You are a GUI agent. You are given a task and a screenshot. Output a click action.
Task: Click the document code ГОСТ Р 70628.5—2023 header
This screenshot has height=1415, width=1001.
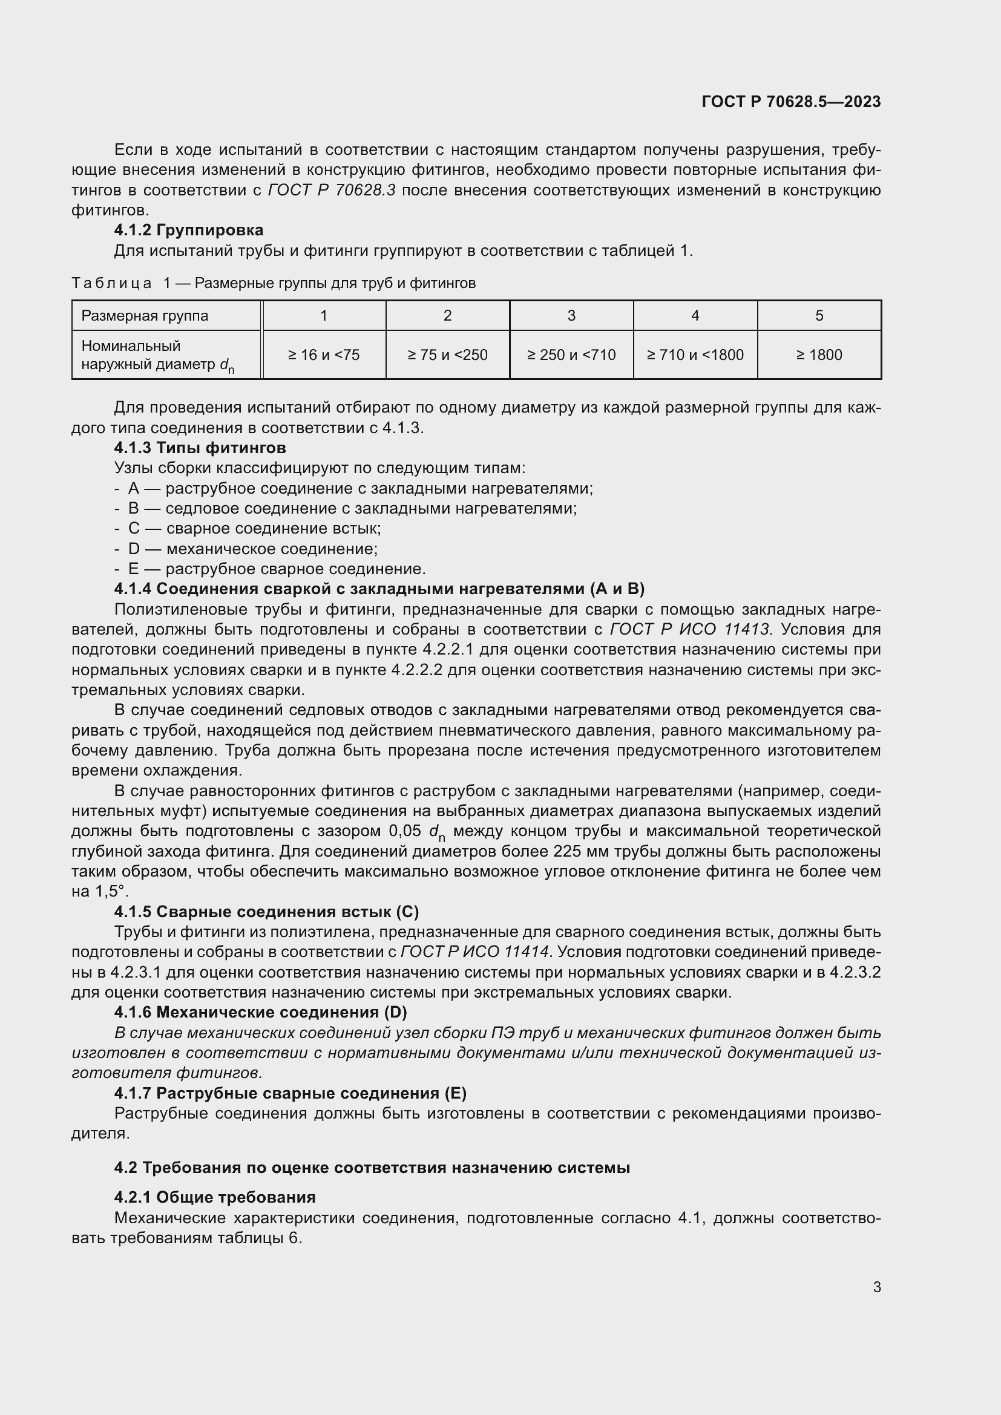(791, 102)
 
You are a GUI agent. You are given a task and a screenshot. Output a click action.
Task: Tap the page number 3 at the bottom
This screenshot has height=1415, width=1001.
(876, 1287)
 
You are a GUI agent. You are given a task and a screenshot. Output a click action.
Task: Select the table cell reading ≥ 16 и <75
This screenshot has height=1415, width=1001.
(324, 355)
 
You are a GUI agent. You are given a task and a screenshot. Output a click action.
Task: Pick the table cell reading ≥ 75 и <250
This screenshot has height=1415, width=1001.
(447, 355)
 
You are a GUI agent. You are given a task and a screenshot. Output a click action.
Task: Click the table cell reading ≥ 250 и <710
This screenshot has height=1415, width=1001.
(571, 355)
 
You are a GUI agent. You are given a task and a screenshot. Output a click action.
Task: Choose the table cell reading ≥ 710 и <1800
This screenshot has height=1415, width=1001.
(695, 355)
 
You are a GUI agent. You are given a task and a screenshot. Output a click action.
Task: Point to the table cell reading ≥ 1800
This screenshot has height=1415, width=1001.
(819, 355)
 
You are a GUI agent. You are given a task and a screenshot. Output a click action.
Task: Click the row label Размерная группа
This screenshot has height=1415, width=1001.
(145, 316)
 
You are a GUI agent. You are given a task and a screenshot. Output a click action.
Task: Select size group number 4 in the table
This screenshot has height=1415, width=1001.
(695, 316)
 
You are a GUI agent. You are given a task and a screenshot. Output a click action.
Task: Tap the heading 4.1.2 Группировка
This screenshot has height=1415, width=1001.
(189, 230)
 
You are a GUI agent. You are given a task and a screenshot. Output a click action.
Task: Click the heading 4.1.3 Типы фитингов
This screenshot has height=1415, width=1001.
(200, 448)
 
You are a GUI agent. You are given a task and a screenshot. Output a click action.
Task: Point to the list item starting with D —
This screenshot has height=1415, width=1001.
(246, 549)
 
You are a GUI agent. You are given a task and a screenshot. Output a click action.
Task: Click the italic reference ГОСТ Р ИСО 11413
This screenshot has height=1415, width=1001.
(689, 630)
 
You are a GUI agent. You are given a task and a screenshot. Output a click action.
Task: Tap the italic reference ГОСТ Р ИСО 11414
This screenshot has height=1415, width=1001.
(474, 952)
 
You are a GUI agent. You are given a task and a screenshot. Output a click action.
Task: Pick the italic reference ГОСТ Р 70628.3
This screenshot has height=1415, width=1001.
(332, 191)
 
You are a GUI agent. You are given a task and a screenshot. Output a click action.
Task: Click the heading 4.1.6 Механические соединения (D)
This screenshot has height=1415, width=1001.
(260, 1013)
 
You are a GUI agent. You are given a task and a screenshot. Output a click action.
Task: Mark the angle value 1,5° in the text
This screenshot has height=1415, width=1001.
(111, 892)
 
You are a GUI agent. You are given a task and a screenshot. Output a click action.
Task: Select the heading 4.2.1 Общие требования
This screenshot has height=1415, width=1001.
(214, 1197)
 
